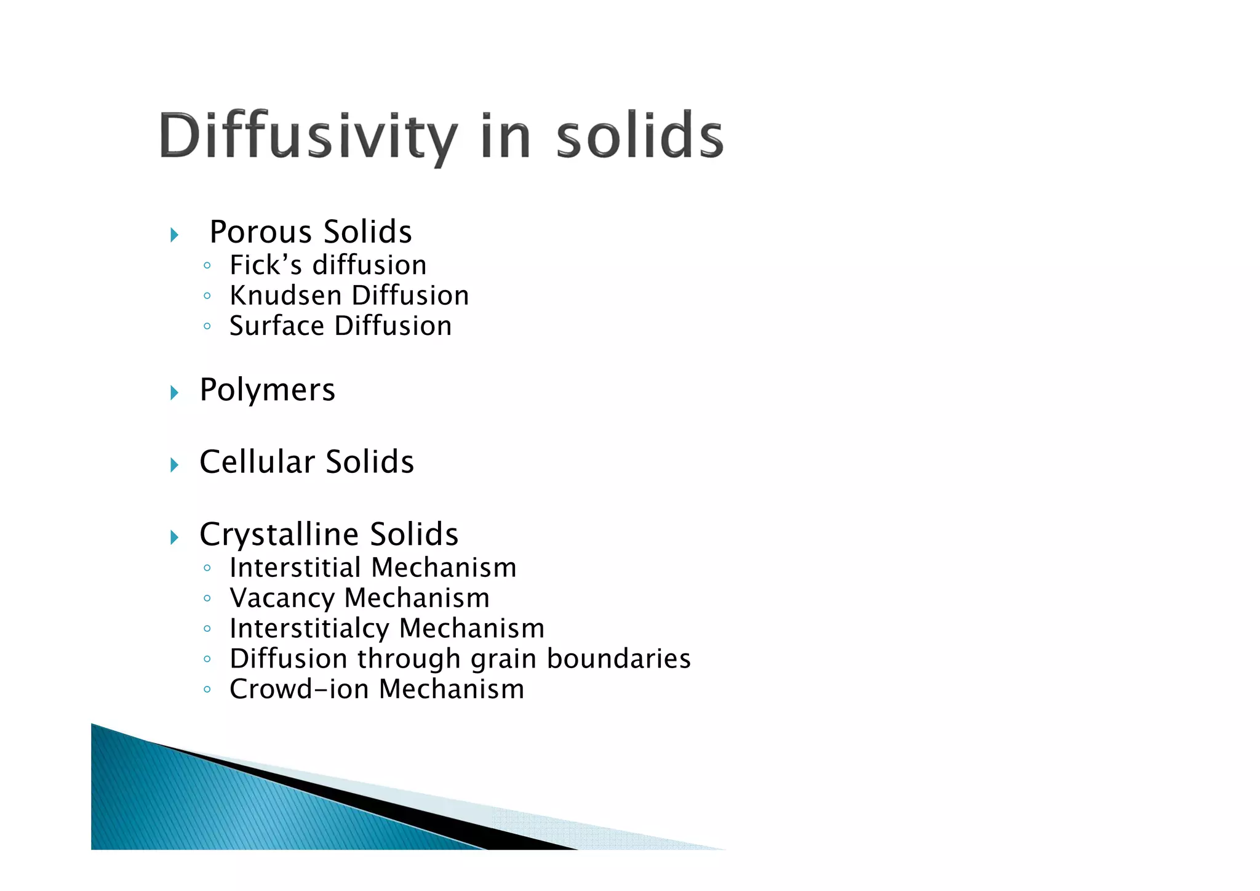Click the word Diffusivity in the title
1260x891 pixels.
click(x=308, y=137)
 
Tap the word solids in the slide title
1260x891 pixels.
click(x=640, y=137)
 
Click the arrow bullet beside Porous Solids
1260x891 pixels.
click(x=174, y=235)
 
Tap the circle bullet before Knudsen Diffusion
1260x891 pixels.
click(x=207, y=296)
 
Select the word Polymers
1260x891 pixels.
click(x=267, y=390)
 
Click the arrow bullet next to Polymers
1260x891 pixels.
click(x=174, y=392)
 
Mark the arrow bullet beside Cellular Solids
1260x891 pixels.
click(x=174, y=465)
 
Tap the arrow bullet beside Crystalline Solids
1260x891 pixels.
click(x=174, y=538)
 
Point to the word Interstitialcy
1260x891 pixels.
click(x=309, y=629)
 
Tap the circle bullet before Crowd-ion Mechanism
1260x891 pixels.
click(x=207, y=690)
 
